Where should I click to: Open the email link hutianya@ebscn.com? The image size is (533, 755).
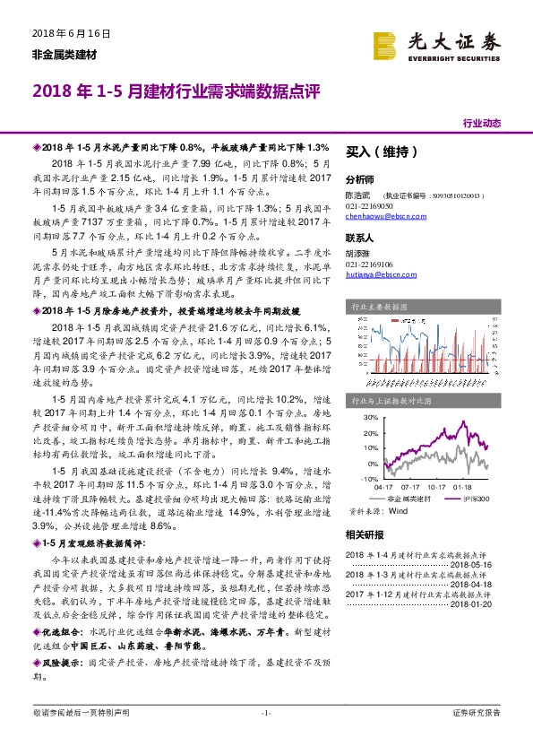[378, 276]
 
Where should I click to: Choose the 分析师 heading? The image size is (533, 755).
[359, 179]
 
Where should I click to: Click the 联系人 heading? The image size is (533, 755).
[359, 239]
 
